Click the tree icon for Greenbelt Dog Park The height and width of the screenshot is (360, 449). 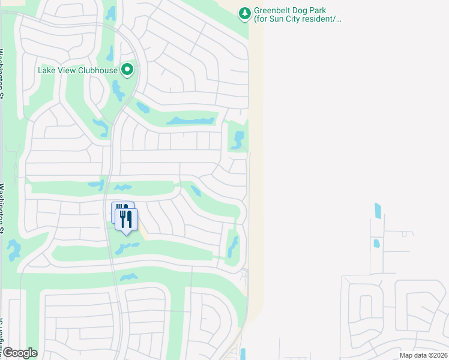(x=244, y=13)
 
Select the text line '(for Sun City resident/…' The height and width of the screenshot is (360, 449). (x=297, y=19)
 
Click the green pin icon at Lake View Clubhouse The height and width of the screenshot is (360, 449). (x=127, y=70)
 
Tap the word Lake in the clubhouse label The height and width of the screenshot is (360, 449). (x=47, y=70)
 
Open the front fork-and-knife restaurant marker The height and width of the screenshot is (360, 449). (x=127, y=219)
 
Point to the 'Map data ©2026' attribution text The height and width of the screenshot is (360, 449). (x=423, y=355)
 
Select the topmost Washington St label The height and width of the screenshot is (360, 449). (x=2, y=72)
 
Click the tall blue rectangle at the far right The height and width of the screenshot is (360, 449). (x=378, y=211)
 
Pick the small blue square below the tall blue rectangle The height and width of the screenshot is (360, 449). (x=376, y=244)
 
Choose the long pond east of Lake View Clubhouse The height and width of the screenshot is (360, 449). (x=191, y=121)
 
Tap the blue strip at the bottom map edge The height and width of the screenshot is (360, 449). (x=243, y=354)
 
